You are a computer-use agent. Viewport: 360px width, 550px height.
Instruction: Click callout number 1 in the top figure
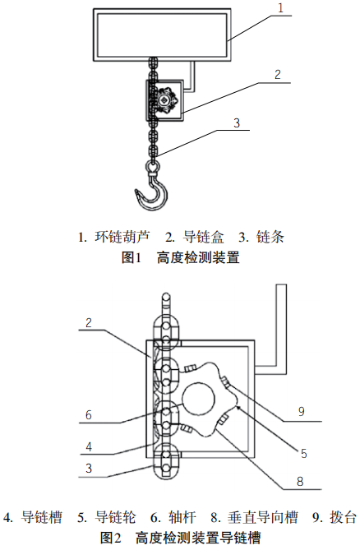pos(280,7)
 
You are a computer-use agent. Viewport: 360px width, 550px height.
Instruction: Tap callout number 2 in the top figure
pos(278,74)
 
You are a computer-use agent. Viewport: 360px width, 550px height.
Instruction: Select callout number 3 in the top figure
pos(237,122)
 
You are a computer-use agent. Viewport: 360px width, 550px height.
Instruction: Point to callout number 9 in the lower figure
pos(301,411)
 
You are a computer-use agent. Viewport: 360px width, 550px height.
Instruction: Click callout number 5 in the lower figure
pos(304,453)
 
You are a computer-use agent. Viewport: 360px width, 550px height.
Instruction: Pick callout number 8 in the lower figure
pos(300,481)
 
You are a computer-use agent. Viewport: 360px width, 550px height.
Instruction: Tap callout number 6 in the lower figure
pos(89,415)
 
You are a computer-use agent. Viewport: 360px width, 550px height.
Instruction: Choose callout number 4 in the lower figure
pos(89,446)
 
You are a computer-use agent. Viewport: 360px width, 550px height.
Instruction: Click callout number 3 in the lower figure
pos(89,468)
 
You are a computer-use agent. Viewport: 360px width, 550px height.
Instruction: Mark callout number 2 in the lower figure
pos(89,323)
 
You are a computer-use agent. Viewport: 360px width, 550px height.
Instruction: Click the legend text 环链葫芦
pos(122,237)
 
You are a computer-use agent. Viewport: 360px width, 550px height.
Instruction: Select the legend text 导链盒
pos(203,237)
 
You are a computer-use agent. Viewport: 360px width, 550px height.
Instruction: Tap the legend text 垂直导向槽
pos(263,518)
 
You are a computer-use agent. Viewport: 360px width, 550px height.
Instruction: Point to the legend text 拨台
pos(344,518)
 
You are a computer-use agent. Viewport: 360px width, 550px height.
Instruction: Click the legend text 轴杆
pos(182,518)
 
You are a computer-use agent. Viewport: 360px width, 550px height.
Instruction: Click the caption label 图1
pos(132,258)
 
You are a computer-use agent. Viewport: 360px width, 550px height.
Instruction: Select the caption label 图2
pos(111,538)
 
